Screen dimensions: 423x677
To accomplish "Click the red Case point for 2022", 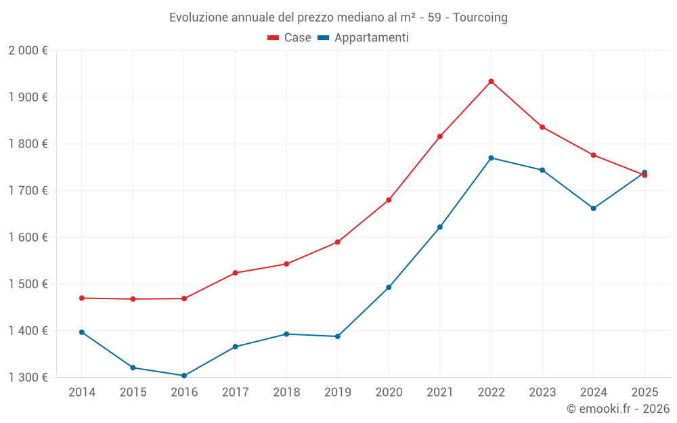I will [x=491, y=81].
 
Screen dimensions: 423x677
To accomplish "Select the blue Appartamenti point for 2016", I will [x=184, y=376].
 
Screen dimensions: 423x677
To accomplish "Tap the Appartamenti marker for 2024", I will [x=594, y=208].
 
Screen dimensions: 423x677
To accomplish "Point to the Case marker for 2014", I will [x=82, y=298].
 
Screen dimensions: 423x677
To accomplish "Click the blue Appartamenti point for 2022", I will [x=491, y=158].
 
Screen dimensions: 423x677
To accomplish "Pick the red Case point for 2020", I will [x=389, y=200].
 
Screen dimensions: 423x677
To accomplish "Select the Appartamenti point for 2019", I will [x=337, y=336].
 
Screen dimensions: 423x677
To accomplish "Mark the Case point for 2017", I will [x=235, y=273].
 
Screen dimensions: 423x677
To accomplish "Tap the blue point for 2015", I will [x=133, y=368].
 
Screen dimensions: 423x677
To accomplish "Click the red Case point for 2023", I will [x=542, y=127].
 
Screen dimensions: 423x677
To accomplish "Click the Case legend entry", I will [x=290, y=38].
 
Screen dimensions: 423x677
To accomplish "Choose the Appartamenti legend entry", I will [x=364, y=38].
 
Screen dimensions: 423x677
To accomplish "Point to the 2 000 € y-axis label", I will [x=28, y=51].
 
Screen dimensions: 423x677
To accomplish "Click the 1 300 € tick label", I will [x=28, y=378].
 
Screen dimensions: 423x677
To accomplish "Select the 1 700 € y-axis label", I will [x=28, y=191].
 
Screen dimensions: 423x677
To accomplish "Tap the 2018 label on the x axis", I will [x=286, y=393].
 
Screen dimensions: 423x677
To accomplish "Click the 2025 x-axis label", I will [x=645, y=393].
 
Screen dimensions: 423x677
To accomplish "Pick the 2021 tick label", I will [x=440, y=393].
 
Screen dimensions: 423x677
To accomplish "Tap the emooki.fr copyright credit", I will [x=618, y=409].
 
